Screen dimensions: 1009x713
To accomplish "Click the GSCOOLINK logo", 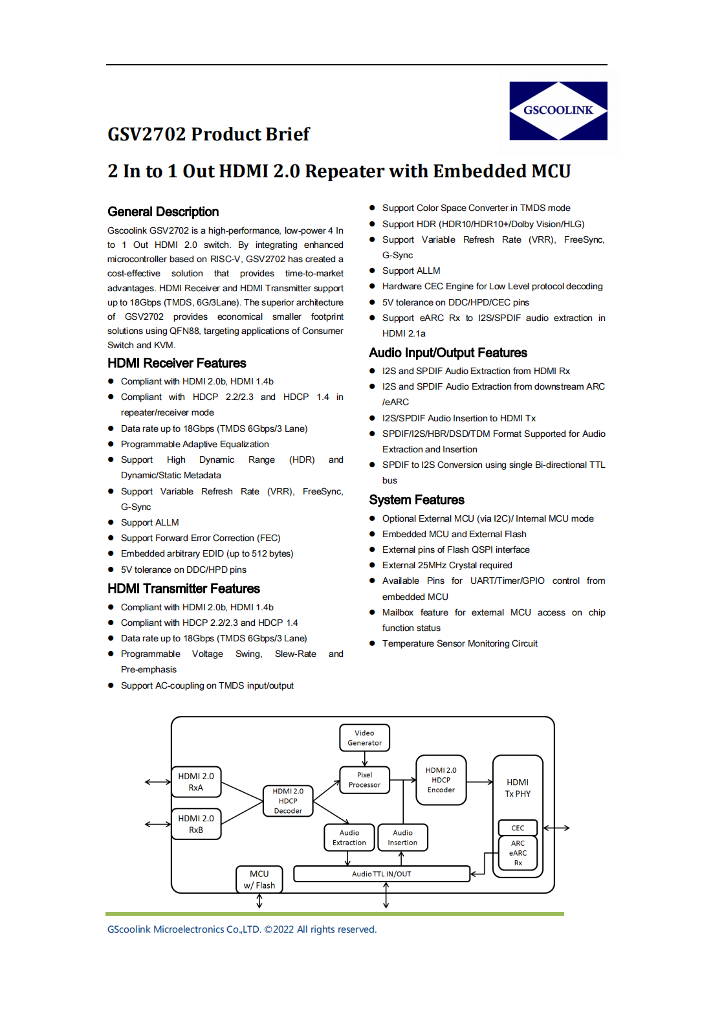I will (x=558, y=111).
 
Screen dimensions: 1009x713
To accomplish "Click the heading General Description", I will (x=163, y=212).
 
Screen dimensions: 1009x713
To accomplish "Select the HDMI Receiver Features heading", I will (x=177, y=363).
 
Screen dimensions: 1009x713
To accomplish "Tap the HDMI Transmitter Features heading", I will (x=184, y=588).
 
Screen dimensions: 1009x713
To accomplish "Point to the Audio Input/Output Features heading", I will (x=448, y=353).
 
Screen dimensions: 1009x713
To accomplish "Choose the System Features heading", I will (x=417, y=500).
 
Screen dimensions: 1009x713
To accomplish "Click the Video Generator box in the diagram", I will (x=364, y=738).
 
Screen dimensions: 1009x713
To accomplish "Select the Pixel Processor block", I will (x=364, y=780).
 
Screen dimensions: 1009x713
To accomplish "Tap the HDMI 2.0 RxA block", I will (x=196, y=782).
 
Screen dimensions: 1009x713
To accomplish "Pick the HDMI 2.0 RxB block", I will (x=196, y=824).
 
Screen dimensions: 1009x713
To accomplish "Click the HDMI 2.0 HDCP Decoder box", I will (x=288, y=801).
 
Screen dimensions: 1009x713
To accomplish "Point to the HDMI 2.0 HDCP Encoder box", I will (x=441, y=780).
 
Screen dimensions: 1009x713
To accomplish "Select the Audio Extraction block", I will (x=349, y=837).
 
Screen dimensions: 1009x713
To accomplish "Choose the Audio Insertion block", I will (x=402, y=837).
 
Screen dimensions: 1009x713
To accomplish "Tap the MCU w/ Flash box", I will (x=259, y=880).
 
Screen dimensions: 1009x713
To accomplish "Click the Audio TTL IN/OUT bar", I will (x=381, y=874).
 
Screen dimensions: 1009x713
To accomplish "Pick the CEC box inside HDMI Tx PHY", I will (x=518, y=828).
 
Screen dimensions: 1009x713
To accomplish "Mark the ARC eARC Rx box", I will (x=518, y=853).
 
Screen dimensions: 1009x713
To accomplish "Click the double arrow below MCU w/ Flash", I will (x=259, y=901).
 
